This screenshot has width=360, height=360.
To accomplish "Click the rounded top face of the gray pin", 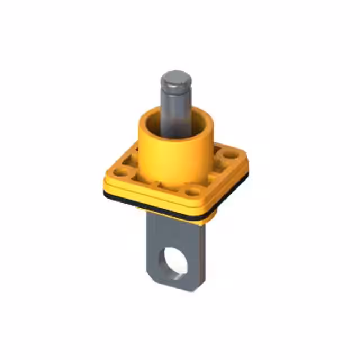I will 175,78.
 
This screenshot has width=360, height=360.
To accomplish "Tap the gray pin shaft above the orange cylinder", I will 175,104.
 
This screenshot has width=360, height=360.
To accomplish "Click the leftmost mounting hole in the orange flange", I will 121,171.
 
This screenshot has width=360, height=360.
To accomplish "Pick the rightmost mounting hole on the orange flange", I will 231,152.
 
